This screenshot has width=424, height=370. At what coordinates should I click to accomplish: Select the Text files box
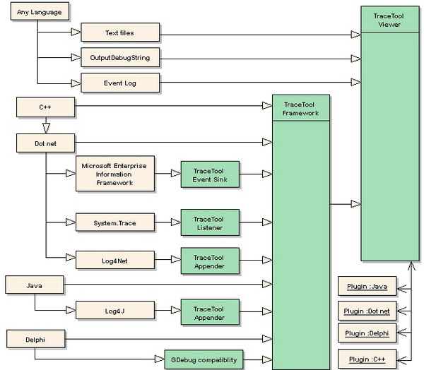click(120, 32)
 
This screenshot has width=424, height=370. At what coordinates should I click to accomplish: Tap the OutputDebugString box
click(120, 57)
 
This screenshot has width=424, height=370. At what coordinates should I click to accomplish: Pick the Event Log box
click(120, 83)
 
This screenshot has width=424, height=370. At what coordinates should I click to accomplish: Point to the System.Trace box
click(114, 223)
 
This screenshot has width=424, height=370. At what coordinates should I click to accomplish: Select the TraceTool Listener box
click(209, 222)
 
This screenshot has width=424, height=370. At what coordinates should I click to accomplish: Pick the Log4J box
click(114, 310)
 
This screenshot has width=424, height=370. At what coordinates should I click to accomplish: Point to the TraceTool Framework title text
click(301, 108)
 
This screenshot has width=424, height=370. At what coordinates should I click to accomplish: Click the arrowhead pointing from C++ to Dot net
click(46, 129)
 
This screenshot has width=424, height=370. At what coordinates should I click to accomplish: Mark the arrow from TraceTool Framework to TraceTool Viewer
click(346, 204)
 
